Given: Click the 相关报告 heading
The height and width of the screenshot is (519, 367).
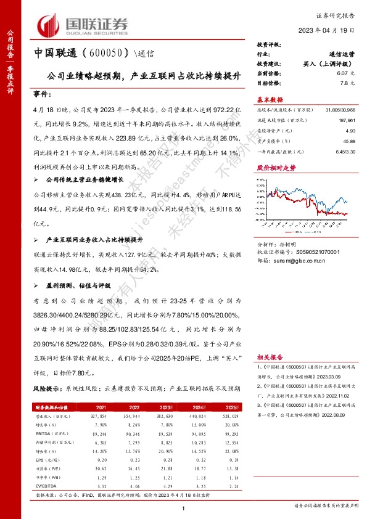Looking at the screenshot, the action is [271, 357].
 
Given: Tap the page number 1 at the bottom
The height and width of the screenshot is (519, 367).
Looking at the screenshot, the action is [184, 507].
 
